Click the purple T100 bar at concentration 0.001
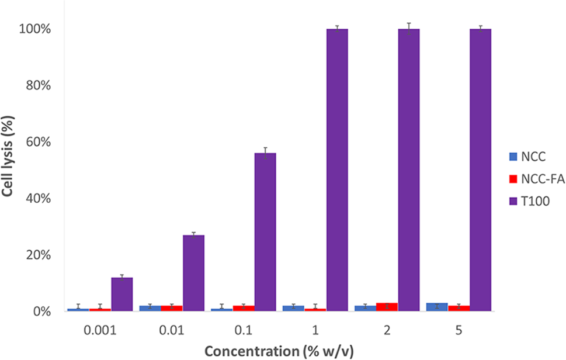122,295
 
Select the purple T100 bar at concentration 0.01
193,273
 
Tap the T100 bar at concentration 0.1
265,232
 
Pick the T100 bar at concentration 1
337,170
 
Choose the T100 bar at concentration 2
409,170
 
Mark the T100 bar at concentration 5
480,170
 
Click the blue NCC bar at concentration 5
437,307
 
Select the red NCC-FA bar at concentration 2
387,307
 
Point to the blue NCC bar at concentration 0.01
150,309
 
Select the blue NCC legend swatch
514,157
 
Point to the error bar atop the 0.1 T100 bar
265,153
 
